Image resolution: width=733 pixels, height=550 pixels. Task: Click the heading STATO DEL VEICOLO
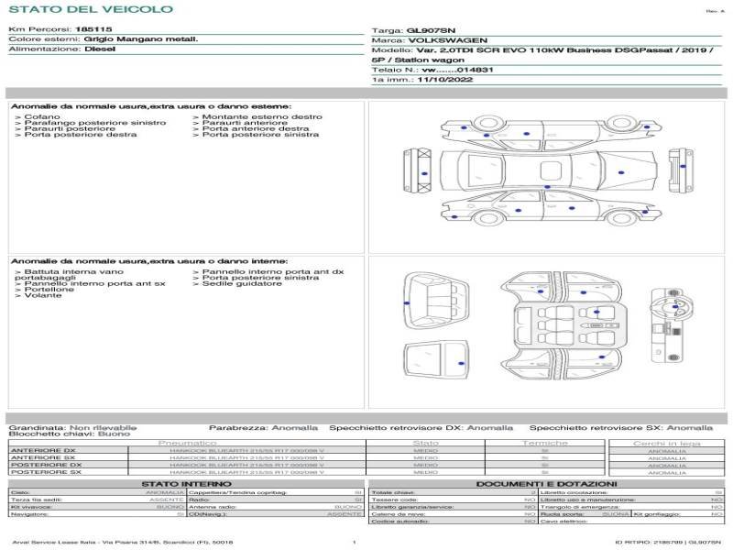coord(91,9)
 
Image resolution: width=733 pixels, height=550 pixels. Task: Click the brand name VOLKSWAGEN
coord(435,41)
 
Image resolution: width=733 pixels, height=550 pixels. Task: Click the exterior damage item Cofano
coord(42,117)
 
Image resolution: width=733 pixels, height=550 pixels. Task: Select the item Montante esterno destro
coord(262,117)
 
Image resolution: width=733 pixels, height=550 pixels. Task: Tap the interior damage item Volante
coord(43,295)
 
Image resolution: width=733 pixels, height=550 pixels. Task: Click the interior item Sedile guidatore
coord(242,283)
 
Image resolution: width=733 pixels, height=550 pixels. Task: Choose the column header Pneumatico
coord(187,443)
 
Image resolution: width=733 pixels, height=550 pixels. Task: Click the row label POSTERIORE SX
coord(42,472)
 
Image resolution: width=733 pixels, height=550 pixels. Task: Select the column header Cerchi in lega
coord(666,443)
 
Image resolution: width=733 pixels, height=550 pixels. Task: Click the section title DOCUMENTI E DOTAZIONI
coord(546,483)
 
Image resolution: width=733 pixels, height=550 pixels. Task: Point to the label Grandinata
coord(38,427)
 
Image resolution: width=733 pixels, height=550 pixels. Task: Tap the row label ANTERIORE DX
coord(42,450)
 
